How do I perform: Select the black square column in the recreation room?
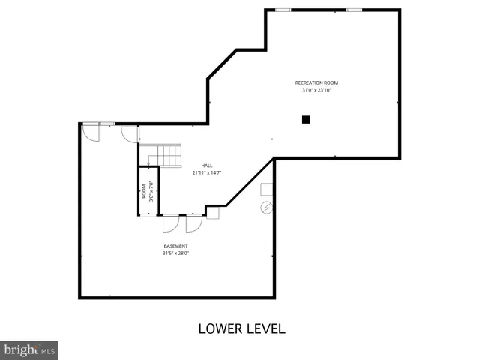click(306, 118)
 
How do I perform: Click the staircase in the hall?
click(166, 156)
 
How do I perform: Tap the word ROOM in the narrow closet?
click(144, 191)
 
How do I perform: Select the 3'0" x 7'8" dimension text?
click(151, 191)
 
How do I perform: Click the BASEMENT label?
click(175, 246)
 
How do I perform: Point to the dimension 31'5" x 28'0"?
click(175, 253)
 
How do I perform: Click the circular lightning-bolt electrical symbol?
click(265, 207)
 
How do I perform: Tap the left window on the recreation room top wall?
click(283, 10)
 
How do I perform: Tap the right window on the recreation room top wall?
click(354, 10)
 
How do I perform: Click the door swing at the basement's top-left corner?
click(89, 132)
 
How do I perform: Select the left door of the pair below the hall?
click(170, 223)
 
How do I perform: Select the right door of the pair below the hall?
click(194, 223)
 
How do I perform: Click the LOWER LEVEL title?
click(241, 328)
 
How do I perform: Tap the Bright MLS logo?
click(29, 349)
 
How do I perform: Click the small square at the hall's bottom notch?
click(212, 212)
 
